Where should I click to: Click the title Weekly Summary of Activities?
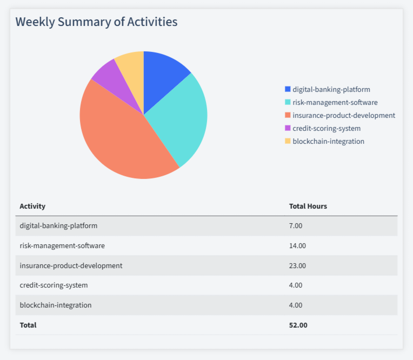pyautogui.click(x=96, y=22)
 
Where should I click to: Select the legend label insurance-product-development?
pyautogui.click(x=343, y=115)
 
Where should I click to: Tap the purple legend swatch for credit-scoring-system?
pyautogui.click(x=288, y=128)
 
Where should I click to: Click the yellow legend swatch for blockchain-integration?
pyautogui.click(x=288, y=141)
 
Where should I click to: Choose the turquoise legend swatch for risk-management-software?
pyautogui.click(x=288, y=102)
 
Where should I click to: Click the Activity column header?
pyautogui.click(x=32, y=206)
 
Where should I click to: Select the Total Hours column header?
pyautogui.click(x=308, y=206)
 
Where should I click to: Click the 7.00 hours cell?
pyautogui.click(x=296, y=225)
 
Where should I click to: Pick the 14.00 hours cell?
pyautogui.click(x=297, y=245)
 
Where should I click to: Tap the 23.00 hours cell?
pyautogui.click(x=297, y=265)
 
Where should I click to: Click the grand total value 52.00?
pyautogui.click(x=298, y=325)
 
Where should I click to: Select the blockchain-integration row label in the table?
pyautogui.click(x=55, y=305)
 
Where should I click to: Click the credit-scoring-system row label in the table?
pyautogui.click(x=54, y=285)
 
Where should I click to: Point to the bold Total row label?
pyautogui.click(x=28, y=325)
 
